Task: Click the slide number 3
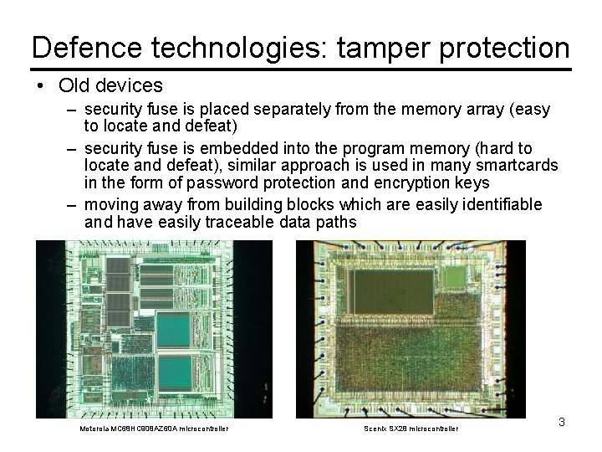pos(562,422)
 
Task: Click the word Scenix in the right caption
pos(375,429)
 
